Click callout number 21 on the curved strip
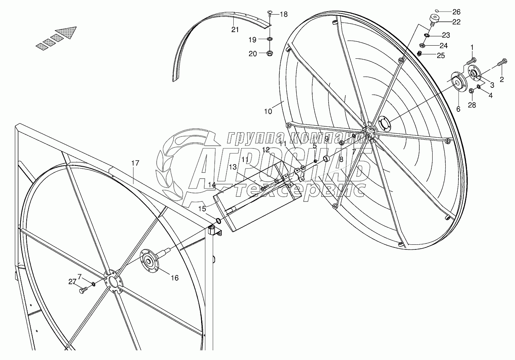tap(235, 30)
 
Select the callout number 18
tap(284, 14)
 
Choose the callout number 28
tap(472, 105)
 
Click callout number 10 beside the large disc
tap(268, 111)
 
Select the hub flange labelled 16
tap(149, 263)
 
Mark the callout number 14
tap(211, 185)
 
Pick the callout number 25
tap(441, 55)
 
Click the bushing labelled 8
tap(326, 159)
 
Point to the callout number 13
tap(232, 167)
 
